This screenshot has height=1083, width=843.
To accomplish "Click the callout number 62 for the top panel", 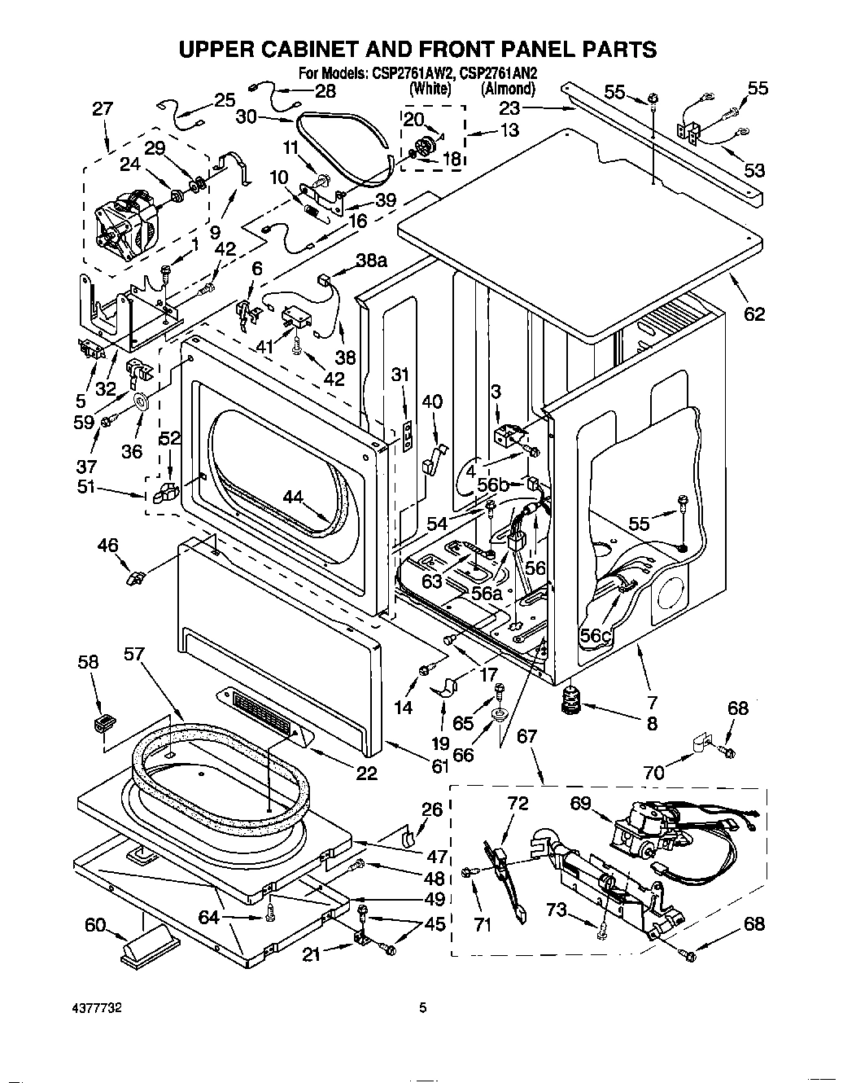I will [754, 313].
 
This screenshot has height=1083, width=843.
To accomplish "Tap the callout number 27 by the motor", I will [103, 108].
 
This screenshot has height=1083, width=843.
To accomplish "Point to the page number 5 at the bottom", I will [422, 1007].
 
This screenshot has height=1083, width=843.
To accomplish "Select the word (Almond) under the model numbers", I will [508, 89].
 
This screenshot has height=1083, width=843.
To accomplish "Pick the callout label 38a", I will [370, 260].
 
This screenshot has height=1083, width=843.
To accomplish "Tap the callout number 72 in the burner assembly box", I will [518, 803].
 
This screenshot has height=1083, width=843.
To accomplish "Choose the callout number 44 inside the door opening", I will [298, 497].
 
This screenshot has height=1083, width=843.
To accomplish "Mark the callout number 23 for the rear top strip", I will [509, 107].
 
